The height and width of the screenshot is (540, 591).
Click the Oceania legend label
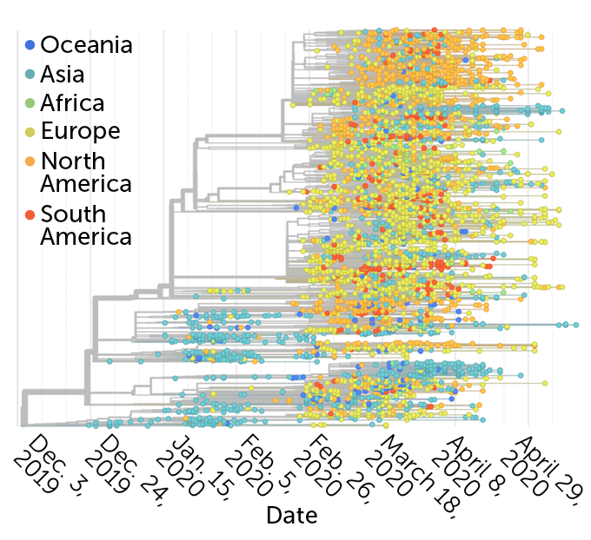point(87,44)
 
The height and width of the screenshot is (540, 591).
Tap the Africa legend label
point(72,102)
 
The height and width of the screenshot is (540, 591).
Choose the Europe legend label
point(80,132)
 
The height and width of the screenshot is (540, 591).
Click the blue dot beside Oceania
point(30,44)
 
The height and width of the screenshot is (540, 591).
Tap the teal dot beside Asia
point(30,74)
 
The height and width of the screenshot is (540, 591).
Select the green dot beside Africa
point(30,103)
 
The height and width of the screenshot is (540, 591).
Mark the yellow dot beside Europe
point(30,132)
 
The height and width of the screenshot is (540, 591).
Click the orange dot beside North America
point(30,161)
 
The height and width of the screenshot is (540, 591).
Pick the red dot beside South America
point(30,214)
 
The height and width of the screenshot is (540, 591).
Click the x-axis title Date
point(292,515)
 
